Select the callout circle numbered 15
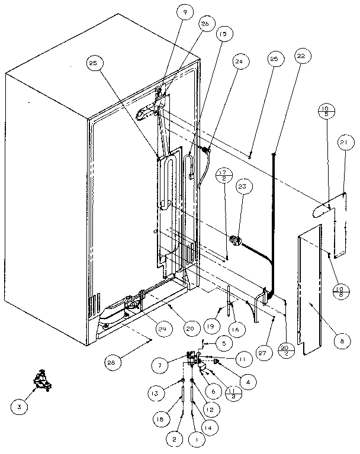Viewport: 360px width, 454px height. (x=222, y=34)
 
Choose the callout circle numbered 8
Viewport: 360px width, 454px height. (x=341, y=341)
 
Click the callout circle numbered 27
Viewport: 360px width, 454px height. (x=261, y=351)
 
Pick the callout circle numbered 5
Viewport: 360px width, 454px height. (x=223, y=342)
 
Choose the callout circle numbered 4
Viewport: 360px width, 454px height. (x=251, y=382)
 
